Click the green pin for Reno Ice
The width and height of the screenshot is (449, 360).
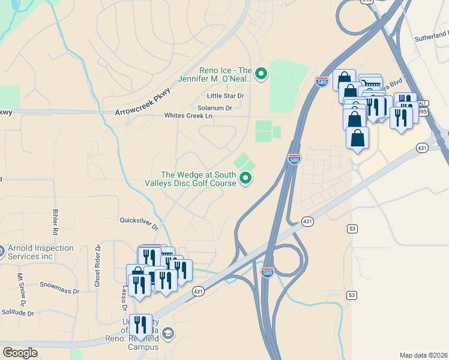(x=261, y=74)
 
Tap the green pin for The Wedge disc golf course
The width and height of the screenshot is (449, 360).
(x=246, y=178)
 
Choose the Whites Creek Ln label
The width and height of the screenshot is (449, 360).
(x=188, y=116)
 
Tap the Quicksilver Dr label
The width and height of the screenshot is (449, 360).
(x=139, y=223)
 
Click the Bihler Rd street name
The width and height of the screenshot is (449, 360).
(x=55, y=222)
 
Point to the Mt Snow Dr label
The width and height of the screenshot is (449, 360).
(x=20, y=286)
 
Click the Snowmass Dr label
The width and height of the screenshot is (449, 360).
(x=59, y=287)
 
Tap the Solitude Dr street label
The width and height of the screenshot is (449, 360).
(x=17, y=313)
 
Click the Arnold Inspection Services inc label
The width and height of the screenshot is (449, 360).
(x=40, y=252)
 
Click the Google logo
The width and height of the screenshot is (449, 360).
(x=20, y=352)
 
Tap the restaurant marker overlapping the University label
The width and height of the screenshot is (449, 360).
(x=140, y=325)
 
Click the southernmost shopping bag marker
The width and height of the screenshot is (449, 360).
(x=357, y=138)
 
